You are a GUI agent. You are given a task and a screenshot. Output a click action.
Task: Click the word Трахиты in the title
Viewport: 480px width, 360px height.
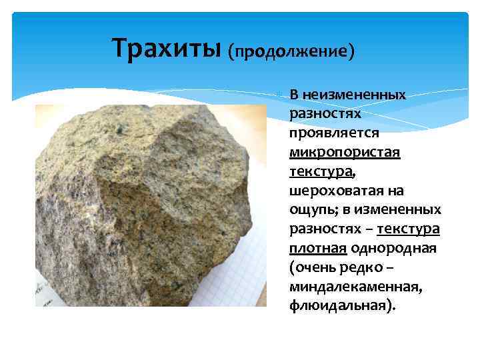tap(166, 48)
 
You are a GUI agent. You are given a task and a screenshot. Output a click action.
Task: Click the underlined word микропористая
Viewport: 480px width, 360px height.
tap(345, 153)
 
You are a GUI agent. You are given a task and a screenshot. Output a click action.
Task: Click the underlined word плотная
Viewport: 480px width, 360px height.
tap(317, 249)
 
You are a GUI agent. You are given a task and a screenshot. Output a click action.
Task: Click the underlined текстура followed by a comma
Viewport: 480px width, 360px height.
tap(320, 172)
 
